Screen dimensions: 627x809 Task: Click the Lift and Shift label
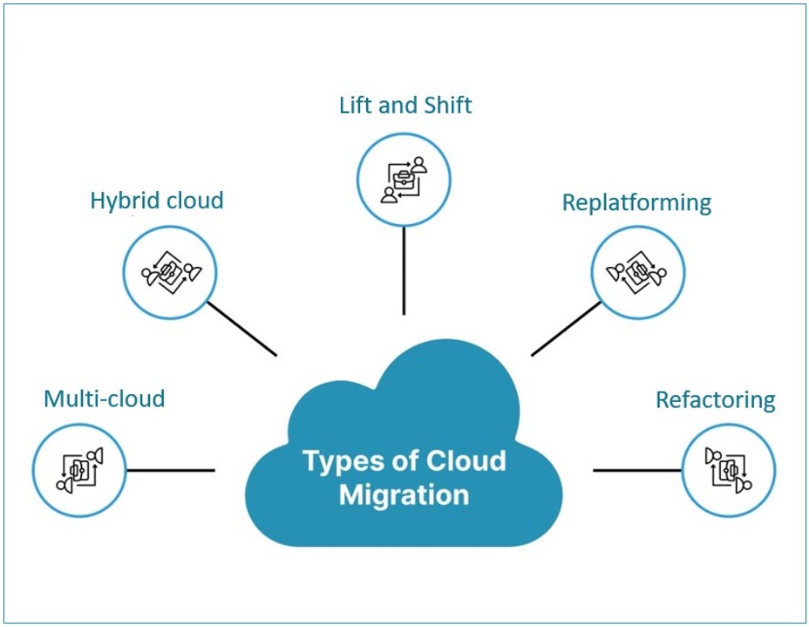click(404, 106)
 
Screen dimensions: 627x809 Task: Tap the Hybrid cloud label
click(157, 201)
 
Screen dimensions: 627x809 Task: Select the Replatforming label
click(636, 202)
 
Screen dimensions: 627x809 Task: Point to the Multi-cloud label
click(104, 399)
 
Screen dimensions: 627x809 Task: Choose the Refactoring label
click(715, 400)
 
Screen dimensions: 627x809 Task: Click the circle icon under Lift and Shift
click(404, 180)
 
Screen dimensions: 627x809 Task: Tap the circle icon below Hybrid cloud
click(170, 273)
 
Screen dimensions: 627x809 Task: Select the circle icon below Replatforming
click(638, 273)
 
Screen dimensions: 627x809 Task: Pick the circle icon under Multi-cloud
click(78, 470)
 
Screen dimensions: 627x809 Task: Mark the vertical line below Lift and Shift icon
click(404, 270)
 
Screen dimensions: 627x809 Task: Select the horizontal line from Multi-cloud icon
click(170, 470)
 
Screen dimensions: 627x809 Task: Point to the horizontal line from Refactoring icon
click(636, 470)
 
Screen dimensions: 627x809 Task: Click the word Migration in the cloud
click(404, 494)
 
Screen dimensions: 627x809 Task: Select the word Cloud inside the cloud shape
click(466, 460)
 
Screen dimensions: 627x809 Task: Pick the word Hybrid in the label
click(121, 201)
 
